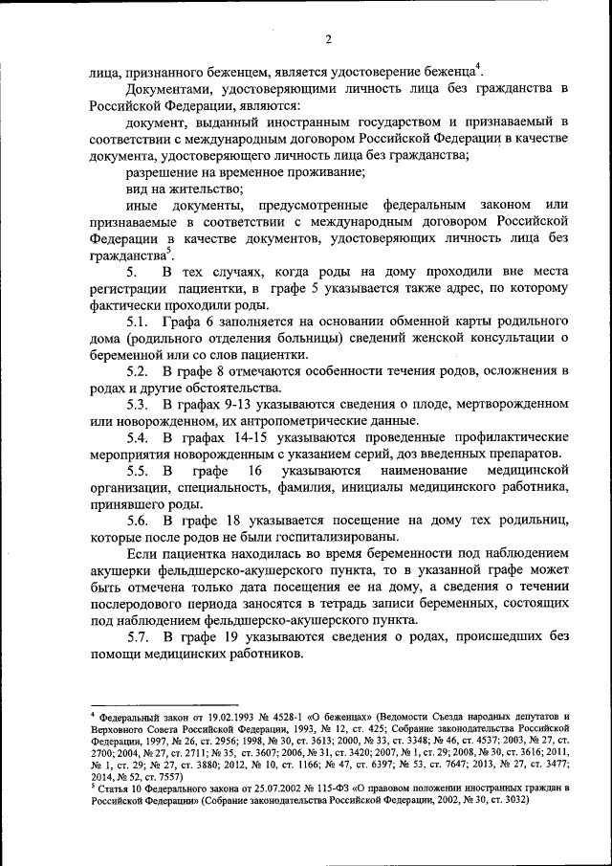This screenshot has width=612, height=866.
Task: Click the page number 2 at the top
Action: [x=327, y=39]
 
